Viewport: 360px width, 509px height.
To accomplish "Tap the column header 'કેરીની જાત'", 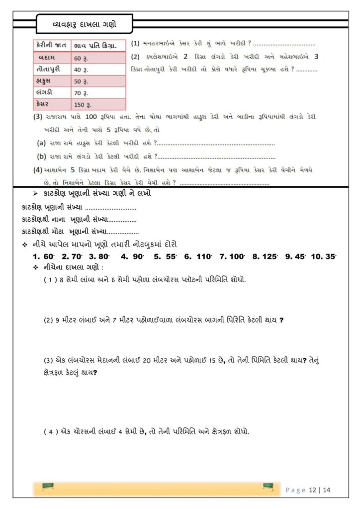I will point(51,45).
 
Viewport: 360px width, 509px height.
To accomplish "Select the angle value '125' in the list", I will point(271,256).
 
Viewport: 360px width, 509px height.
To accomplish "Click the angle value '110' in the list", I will point(204,256).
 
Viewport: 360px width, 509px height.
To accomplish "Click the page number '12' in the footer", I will point(312,490).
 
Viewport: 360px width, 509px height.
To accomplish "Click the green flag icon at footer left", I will point(48,487).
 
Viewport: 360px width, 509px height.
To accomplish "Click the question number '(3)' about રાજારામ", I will point(38,117).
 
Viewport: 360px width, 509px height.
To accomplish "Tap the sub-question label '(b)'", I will point(42,156).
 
